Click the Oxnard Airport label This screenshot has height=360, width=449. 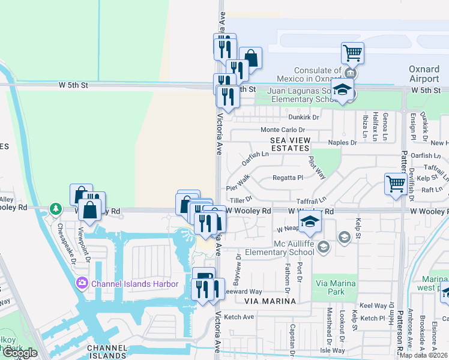[x=424, y=74]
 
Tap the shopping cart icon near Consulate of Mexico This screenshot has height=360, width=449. [x=352, y=53]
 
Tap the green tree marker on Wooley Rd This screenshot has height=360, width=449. [x=56, y=208]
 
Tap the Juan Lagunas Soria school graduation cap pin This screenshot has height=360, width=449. [x=342, y=90]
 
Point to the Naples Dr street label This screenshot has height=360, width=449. [x=343, y=142]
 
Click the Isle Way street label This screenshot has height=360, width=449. [x=333, y=350]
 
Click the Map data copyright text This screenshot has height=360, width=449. [x=424, y=355]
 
